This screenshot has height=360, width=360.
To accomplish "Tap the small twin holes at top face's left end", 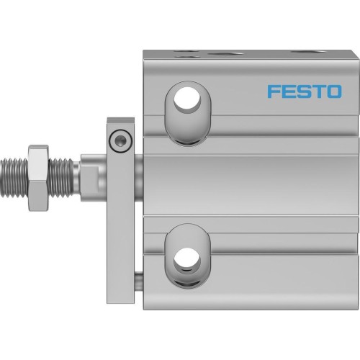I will click(186, 53).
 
